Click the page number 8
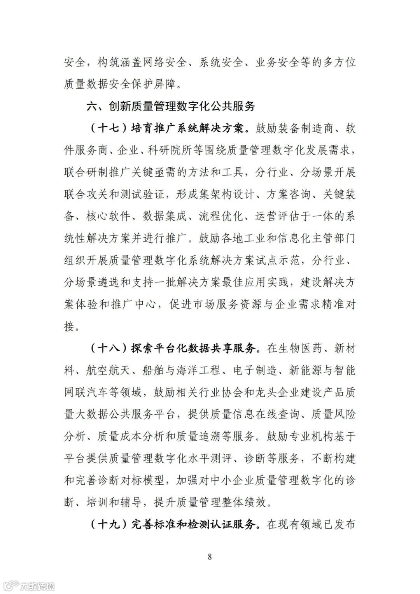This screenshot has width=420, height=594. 210,557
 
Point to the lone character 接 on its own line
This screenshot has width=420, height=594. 69,326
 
